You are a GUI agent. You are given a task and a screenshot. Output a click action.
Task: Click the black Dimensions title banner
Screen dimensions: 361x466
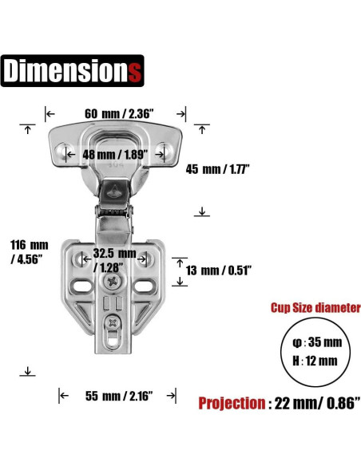click(x=72, y=71)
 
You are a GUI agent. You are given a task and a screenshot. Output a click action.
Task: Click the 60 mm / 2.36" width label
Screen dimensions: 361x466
click(x=119, y=113)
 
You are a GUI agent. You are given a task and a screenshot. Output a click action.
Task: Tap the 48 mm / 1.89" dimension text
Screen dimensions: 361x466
click(x=115, y=155)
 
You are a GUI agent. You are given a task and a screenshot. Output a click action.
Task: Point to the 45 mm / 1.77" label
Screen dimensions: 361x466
click(x=217, y=169)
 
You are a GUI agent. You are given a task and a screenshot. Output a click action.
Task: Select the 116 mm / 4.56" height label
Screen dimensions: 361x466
click(x=29, y=252)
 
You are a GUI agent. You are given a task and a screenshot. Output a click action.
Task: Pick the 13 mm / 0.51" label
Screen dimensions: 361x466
click(x=219, y=271)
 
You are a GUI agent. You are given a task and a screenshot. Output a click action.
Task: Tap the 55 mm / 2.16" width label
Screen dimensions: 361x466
click(x=119, y=396)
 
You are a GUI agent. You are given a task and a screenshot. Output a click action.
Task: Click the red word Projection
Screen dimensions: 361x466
click(x=232, y=403)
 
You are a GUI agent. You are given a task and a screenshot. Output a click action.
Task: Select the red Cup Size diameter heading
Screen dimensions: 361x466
click(x=315, y=308)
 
